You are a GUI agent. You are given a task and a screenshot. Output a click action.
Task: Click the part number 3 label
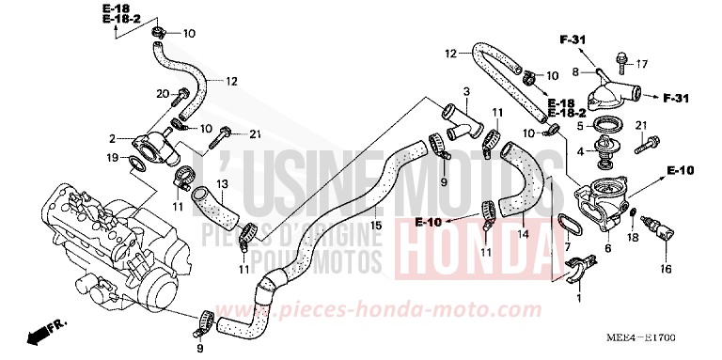[464, 91]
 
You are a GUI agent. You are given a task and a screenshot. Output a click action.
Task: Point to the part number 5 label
[581, 125]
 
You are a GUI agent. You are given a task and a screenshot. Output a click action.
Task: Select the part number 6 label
[608, 248]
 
